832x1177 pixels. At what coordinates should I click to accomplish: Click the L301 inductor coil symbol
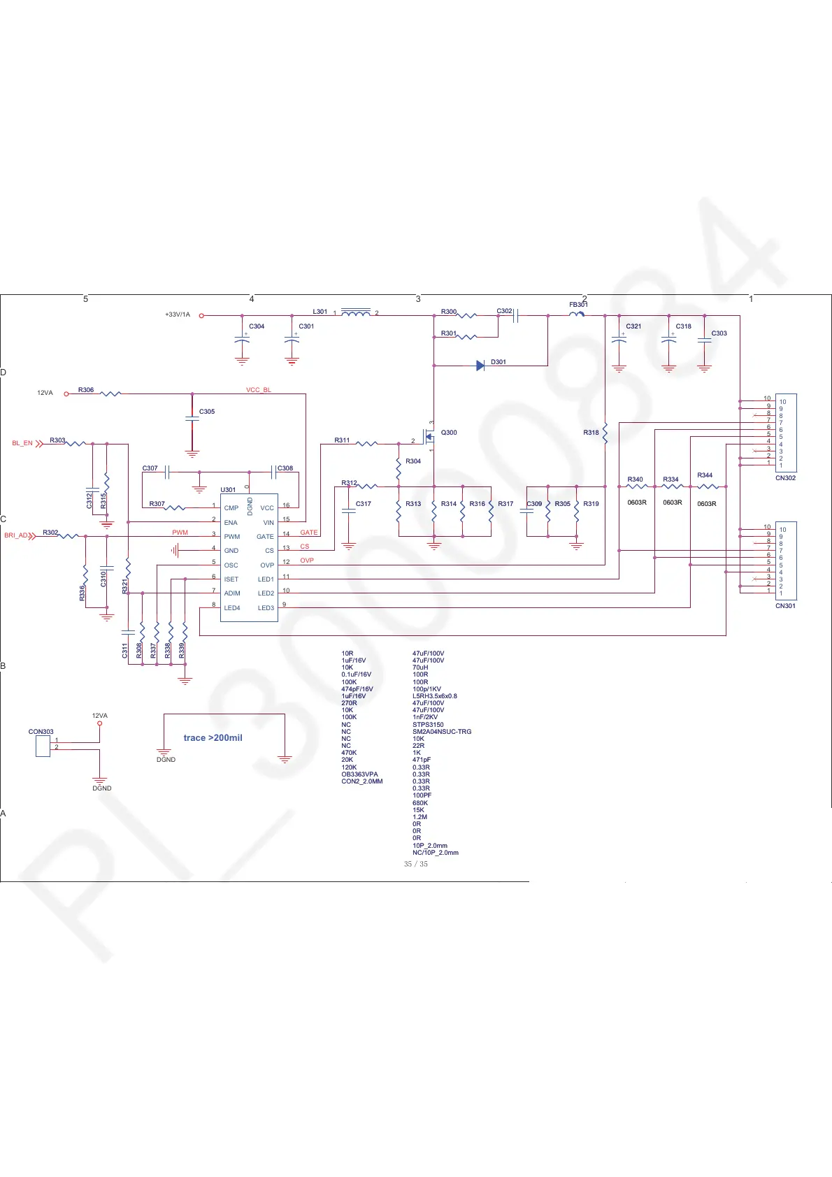(356, 313)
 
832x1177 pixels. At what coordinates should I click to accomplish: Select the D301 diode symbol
(480, 366)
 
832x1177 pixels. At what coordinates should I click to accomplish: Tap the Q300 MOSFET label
(449, 433)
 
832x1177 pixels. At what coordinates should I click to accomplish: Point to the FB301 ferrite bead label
(578, 305)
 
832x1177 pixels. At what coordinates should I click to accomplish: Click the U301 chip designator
(228, 490)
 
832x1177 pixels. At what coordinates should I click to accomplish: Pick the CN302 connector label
(785, 478)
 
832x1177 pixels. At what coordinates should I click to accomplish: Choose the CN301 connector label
(785, 606)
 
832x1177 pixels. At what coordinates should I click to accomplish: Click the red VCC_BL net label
(258, 390)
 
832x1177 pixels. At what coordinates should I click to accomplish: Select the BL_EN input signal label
(22, 443)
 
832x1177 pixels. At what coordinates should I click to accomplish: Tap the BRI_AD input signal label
(16, 536)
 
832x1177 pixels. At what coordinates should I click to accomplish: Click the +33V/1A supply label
(178, 315)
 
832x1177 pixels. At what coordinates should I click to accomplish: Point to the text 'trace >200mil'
(213, 738)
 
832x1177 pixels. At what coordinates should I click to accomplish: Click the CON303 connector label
(41, 732)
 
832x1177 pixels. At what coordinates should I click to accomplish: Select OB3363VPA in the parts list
(359, 774)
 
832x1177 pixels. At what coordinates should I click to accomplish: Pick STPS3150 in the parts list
(428, 725)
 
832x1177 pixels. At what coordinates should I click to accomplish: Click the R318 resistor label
(591, 433)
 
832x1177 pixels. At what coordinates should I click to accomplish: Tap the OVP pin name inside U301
(267, 565)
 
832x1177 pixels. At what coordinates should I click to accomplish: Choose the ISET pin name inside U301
(231, 579)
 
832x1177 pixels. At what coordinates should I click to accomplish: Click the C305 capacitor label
(207, 412)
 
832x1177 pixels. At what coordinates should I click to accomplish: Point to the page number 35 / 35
(415, 864)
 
